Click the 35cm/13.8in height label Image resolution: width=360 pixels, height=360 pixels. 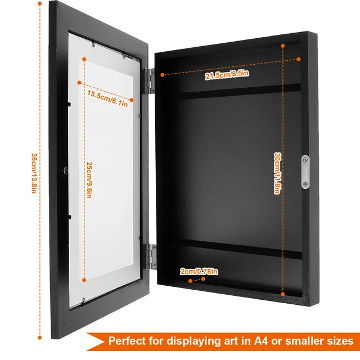(x=34, y=173)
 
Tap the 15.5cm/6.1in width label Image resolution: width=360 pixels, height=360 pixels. (x=107, y=99)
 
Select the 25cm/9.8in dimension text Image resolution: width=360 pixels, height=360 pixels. (x=89, y=180)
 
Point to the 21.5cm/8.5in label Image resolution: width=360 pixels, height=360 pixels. (x=227, y=75)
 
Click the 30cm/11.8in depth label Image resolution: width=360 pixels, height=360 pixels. (x=277, y=174)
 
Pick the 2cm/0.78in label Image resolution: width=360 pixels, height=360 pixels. (x=199, y=271)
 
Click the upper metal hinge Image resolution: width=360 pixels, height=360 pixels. (x=150, y=81)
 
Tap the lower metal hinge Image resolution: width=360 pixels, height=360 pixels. (x=151, y=256)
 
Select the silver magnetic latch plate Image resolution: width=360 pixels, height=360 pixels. (x=305, y=172)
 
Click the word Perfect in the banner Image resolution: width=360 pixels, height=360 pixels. (x=127, y=341)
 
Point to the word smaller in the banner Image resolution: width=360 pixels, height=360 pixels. (x=304, y=341)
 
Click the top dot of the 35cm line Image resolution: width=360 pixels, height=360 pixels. (x=40, y=3)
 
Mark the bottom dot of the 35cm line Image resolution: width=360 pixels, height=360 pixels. (x=40, y=337)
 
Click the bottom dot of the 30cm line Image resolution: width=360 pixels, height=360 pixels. (x=283, y=294)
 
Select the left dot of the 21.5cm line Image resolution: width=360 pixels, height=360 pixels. (x=163, y=75)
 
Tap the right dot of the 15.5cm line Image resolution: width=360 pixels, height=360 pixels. (x=132, y=100)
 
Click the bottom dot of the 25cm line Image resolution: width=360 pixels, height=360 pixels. (x=84, y=280)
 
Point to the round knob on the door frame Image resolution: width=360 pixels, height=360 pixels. (x=66, y=170)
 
